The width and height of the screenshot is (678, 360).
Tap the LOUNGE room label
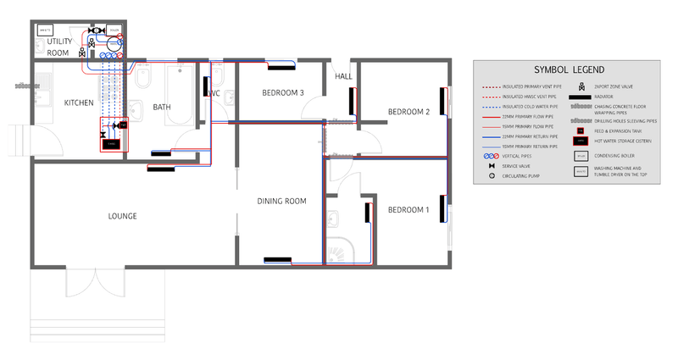pos(123,216)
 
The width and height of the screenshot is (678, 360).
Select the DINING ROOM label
pos(281,201)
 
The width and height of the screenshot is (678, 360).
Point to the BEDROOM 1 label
pos(408,209)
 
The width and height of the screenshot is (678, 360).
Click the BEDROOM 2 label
pos(408,112)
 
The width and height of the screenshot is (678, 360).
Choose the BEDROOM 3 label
pos(282,92)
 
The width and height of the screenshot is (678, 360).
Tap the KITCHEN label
pos(79,102)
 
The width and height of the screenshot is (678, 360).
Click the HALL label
pos(343,76)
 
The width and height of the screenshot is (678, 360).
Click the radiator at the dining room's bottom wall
pos(278,260)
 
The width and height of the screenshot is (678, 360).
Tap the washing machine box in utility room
pos(46,30)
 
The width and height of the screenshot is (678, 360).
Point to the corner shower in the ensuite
pos(343,248)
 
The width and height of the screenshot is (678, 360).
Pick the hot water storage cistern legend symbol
pos(581,141)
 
